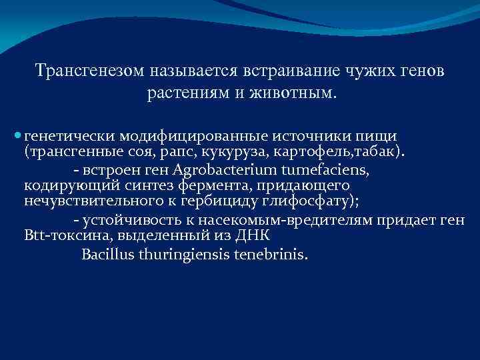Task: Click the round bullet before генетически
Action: pyautogui.click(x=17, y=136)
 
